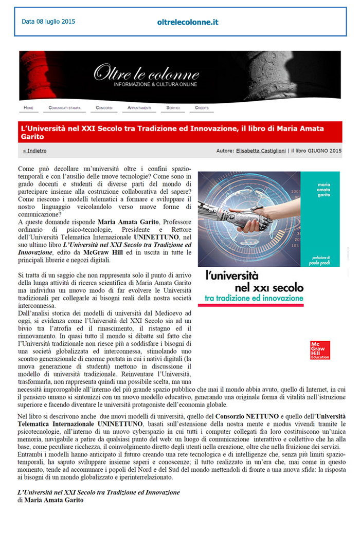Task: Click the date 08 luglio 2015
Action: point(48,22)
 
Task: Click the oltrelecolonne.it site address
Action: point(188,22)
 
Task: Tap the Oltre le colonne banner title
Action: point(147,73)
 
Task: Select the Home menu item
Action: point(28,108)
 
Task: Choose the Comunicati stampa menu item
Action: point(65,108)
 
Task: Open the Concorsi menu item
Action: point(104,108)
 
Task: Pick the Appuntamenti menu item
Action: point(139,108)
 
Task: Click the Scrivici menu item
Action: point(173,108)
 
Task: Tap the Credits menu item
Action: point(202,108)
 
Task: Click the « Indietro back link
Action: point(34,151)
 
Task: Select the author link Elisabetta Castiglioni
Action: point(262,151)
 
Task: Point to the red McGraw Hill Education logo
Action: point(320,350)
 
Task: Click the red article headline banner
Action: point(180,132)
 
